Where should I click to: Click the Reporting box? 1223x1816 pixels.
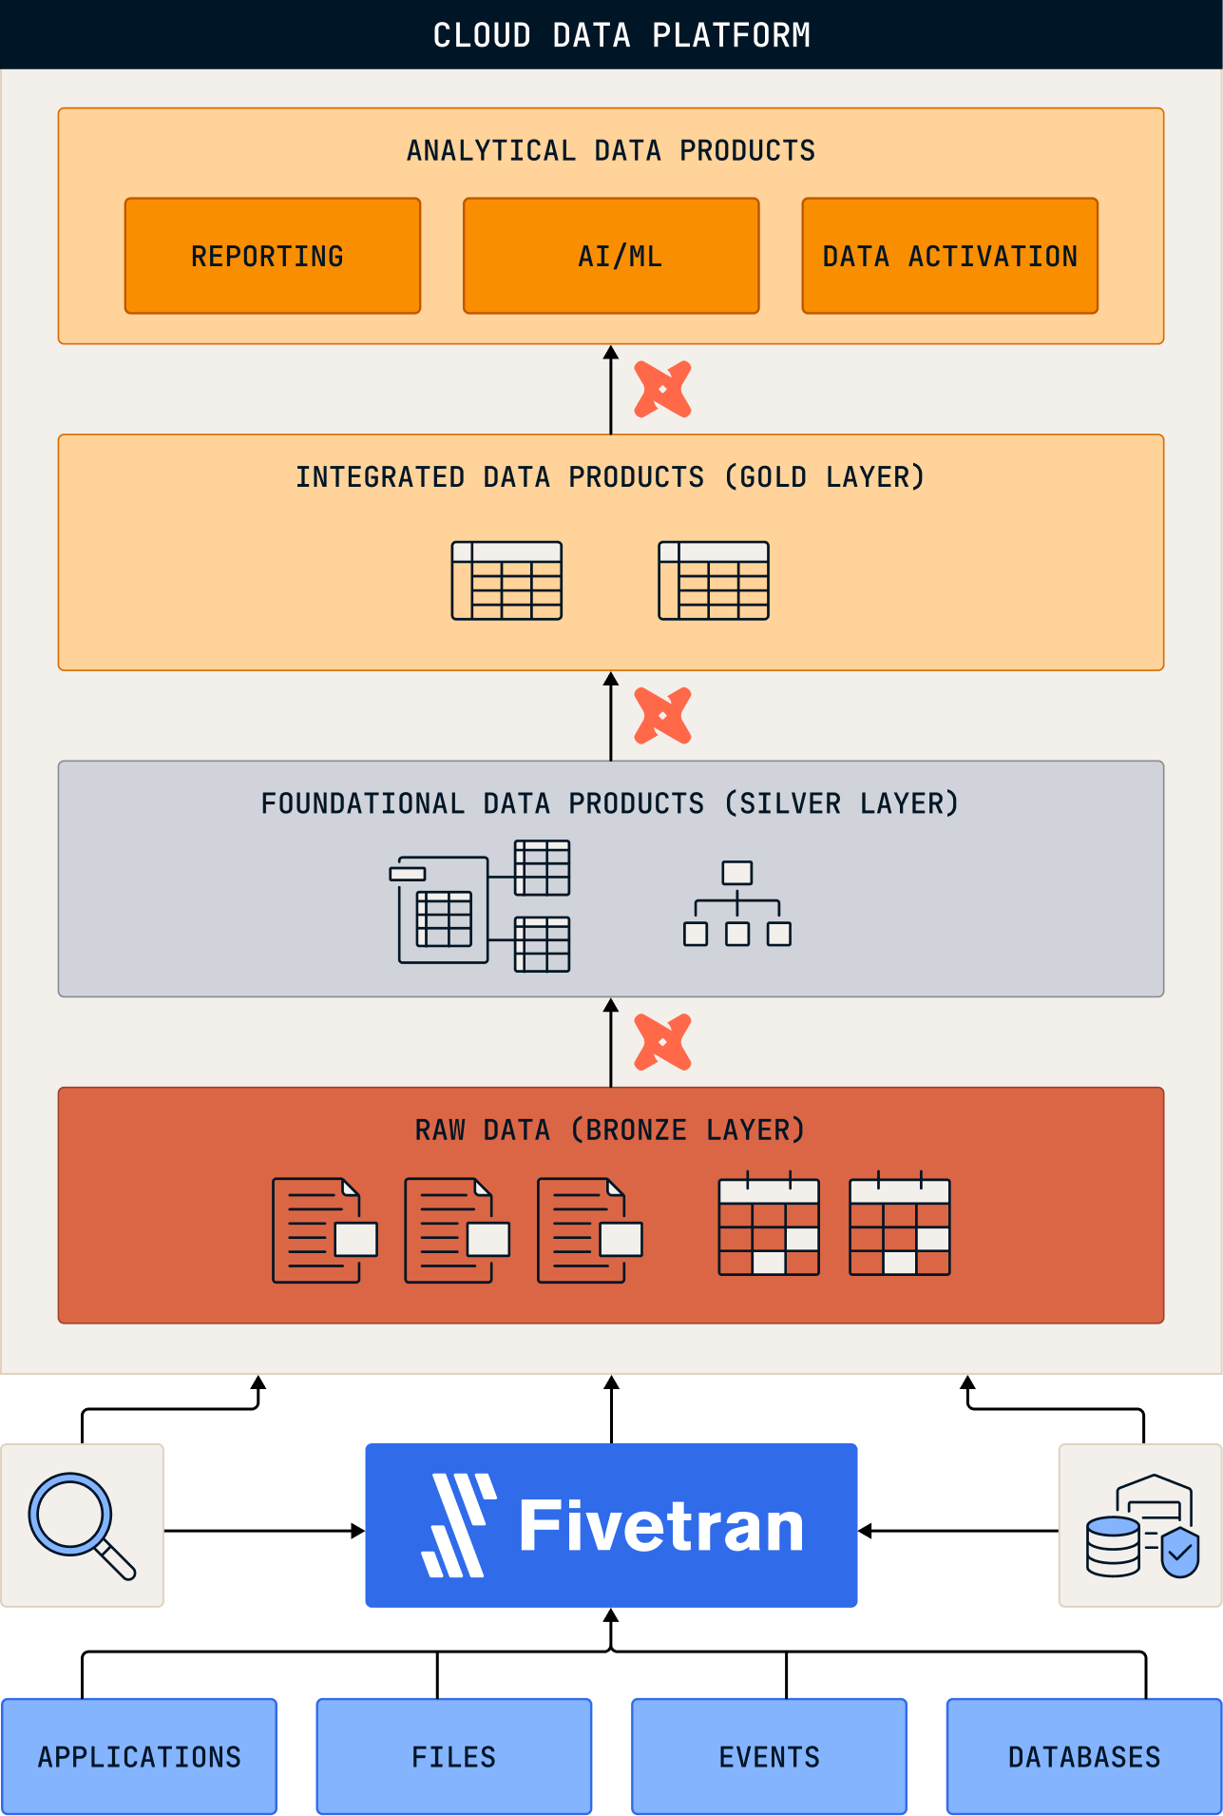(272, 256)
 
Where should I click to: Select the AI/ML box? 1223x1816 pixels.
(611, 256)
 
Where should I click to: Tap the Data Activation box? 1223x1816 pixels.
(949, 256)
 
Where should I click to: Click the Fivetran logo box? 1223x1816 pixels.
(611, 1525)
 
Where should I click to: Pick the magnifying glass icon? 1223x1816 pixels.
(82, 1525)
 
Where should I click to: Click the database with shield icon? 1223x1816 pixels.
(1140, 1525)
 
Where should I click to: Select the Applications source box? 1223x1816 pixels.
(139, 1756)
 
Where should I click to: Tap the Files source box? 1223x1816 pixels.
(454, 1756)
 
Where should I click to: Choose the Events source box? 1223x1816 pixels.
(769, 1756)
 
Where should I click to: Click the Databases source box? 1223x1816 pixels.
(1084, 1756)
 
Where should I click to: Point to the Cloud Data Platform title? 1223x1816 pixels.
(621, 35)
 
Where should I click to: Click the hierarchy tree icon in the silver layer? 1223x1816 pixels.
(737, 903)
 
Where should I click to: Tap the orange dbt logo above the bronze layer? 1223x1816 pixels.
(662, 1042)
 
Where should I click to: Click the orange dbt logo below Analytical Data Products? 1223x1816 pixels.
(662, 389)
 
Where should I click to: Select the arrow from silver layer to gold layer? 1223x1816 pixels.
(611, 717)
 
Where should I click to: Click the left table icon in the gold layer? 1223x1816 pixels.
(506, 581)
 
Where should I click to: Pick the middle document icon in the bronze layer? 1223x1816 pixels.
(457, 1230)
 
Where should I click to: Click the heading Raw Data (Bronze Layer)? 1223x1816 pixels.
(610, 1130)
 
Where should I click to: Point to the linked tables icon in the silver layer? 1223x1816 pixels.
(480, 906)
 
